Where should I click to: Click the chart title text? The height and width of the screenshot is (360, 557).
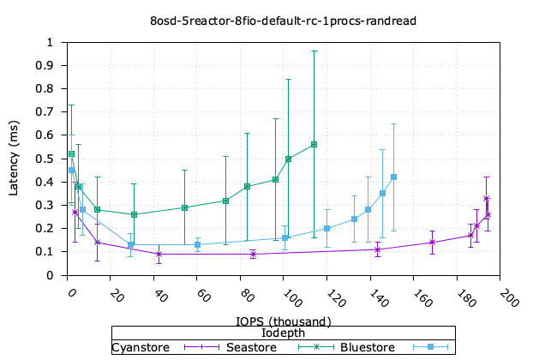[x=278, y=19]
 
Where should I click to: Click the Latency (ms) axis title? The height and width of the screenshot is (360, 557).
[x=15, y=159]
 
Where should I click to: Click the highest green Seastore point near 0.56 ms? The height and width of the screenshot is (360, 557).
[x=314, y=144]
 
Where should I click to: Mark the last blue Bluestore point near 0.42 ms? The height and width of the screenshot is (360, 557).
[x=393, y=177]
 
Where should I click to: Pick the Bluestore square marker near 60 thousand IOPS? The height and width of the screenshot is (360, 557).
[x=198, y=245]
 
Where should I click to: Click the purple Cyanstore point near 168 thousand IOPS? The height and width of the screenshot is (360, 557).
[x=432, y=243]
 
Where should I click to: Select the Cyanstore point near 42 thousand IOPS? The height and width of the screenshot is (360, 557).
[x=159, y=254]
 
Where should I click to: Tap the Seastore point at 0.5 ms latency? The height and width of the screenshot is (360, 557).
[x=288, y=159]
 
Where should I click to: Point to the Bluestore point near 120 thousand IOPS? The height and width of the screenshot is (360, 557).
[x=327, y=228]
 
